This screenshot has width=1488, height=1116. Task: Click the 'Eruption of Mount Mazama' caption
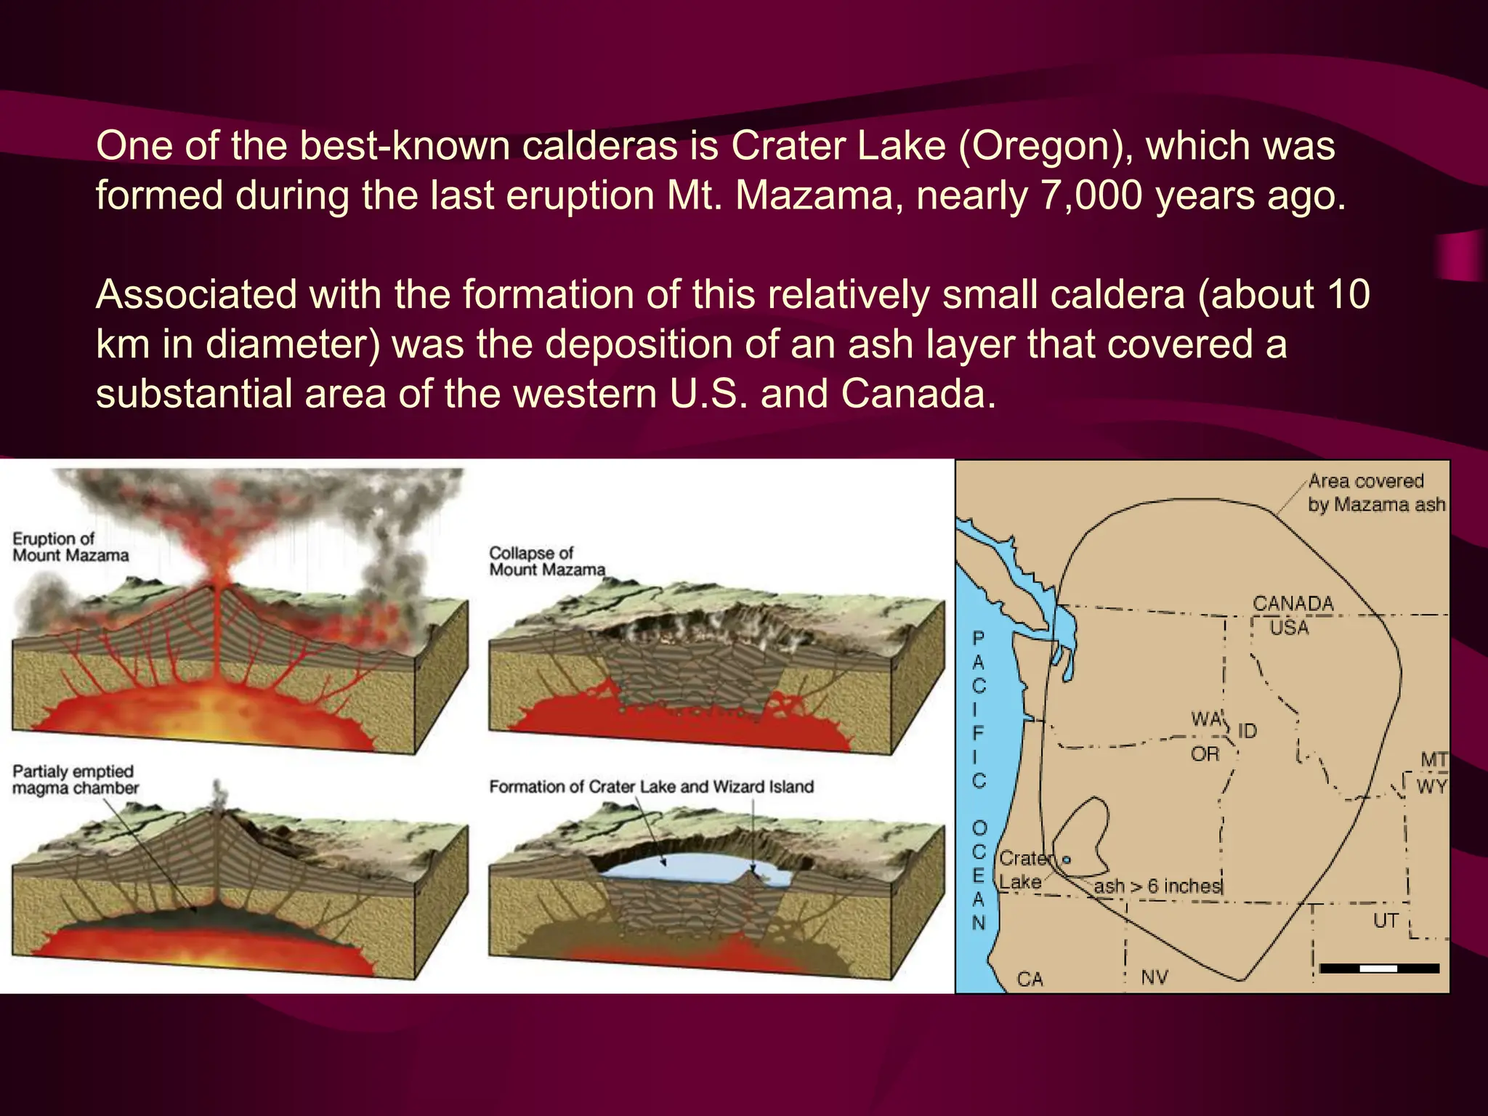pos(70,547)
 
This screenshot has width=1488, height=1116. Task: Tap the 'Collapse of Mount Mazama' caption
pos(546,562)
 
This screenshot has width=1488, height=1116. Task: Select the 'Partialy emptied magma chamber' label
pos(75,780)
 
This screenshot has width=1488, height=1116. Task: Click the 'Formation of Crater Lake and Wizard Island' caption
pos(651,787)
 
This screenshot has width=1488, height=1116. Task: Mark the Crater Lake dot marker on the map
pos(1067,860)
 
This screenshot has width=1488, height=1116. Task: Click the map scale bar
pos(1379,969)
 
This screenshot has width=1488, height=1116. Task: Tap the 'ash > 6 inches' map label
pos(1157,886)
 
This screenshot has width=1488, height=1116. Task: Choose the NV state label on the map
pos(1155,977)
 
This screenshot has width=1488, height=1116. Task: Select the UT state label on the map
pos(1386,921)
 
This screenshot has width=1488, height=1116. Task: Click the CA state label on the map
pos(1030,979)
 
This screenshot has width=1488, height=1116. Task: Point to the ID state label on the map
pos(1247,731)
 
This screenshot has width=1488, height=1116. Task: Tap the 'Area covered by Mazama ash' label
pos(1375,493)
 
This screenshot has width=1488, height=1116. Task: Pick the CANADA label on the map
pos(1293,604)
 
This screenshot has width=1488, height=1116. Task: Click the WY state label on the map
pos(1432,787)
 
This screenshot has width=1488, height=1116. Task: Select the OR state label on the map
pos(1205,754)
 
